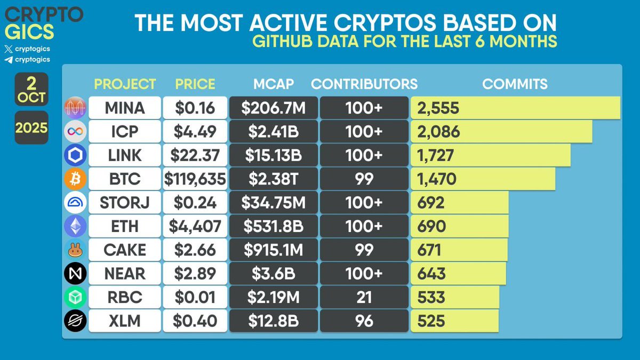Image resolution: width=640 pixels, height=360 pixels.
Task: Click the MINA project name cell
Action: [x=125, y=108]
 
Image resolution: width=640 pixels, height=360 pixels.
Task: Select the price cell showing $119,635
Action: [x=195, y=179]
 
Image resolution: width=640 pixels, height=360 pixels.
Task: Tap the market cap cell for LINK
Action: [x=274, y=155]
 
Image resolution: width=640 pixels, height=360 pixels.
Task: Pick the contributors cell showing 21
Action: [x=364, y=297]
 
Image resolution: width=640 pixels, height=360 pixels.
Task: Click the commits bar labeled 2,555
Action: [x=515, y=108]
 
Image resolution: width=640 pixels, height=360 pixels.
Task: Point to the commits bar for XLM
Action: [x=454, y=321]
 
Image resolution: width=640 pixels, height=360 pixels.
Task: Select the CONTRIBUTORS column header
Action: [x=364, y=84]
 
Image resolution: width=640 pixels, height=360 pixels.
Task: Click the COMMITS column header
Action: [x=515, y=84]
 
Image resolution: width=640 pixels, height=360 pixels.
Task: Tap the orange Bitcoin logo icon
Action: [x=75, y=179]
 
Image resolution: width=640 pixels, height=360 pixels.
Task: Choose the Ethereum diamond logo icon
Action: [x=75, y=226]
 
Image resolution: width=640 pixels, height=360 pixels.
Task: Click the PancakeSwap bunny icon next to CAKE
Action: [x=75, y=250]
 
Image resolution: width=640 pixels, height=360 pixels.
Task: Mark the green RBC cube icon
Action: [x=75, y=297]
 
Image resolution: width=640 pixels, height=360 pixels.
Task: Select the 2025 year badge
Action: [x=31, y=128]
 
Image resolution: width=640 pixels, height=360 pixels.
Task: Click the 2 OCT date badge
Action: [x=31, y=89]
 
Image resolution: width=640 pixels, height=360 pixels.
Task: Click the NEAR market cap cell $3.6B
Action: [x=274, y=274]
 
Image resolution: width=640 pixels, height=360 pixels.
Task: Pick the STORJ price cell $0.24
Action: [x=195, y=203]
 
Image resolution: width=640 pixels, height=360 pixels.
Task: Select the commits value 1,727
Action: [x=436, y=155]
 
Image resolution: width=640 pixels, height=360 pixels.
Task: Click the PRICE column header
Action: [x=195, y=84]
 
